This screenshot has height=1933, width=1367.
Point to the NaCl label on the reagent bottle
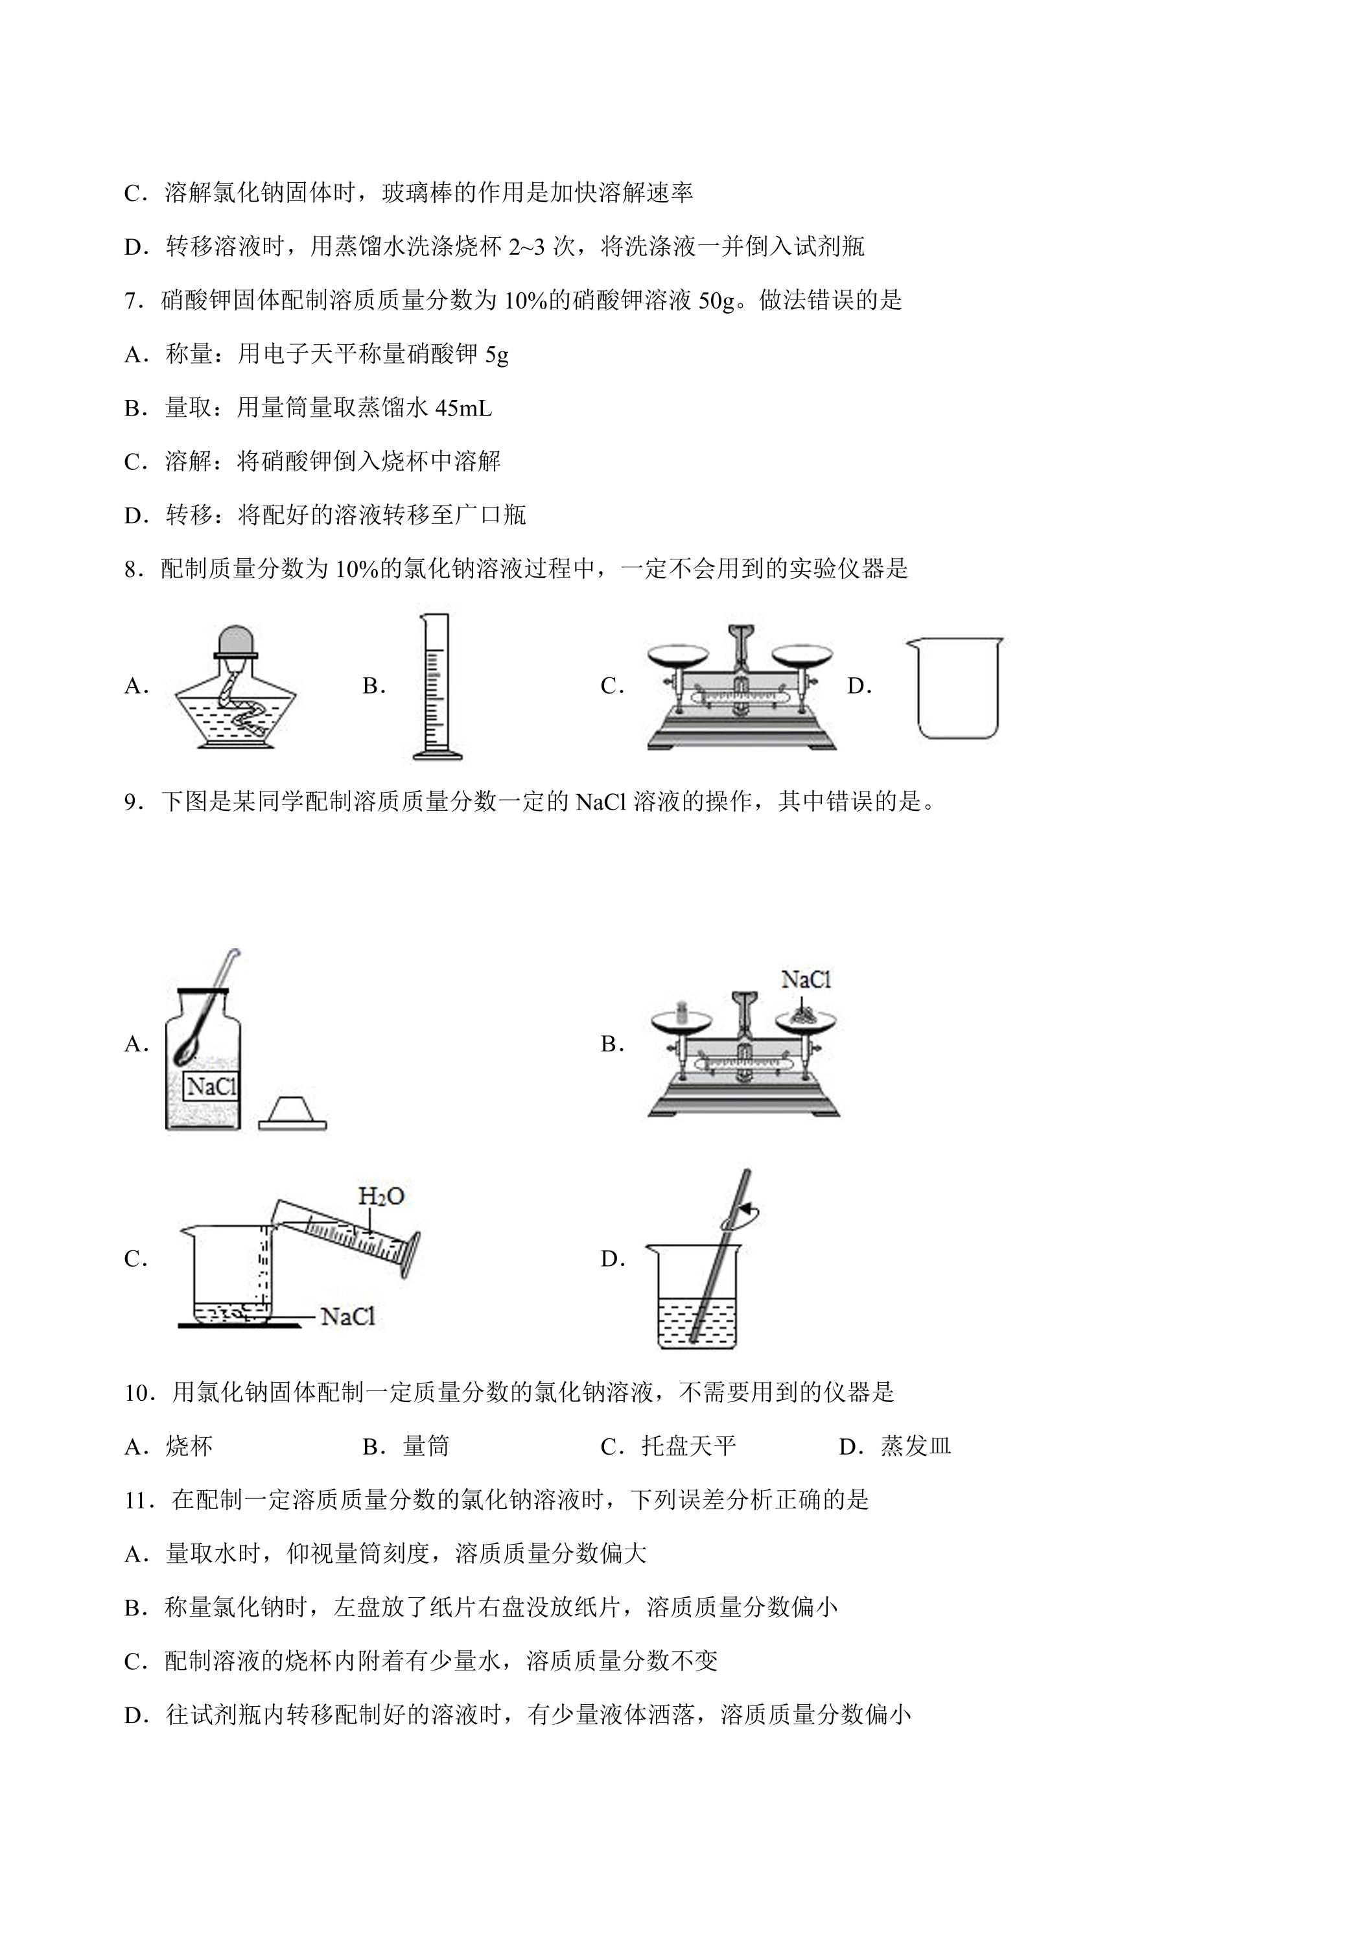point(211,1086)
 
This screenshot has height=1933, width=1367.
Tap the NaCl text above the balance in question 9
point(806,978)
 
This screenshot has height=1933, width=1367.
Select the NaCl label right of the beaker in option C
point(347,1316)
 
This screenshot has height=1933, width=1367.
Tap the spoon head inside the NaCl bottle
point(186,1051)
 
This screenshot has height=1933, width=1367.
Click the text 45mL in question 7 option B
point(463,408)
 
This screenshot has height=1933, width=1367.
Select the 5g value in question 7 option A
point(497,355)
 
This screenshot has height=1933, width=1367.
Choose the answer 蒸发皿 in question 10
point(916,1446)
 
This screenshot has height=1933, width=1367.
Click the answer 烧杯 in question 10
point(189,1446)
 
